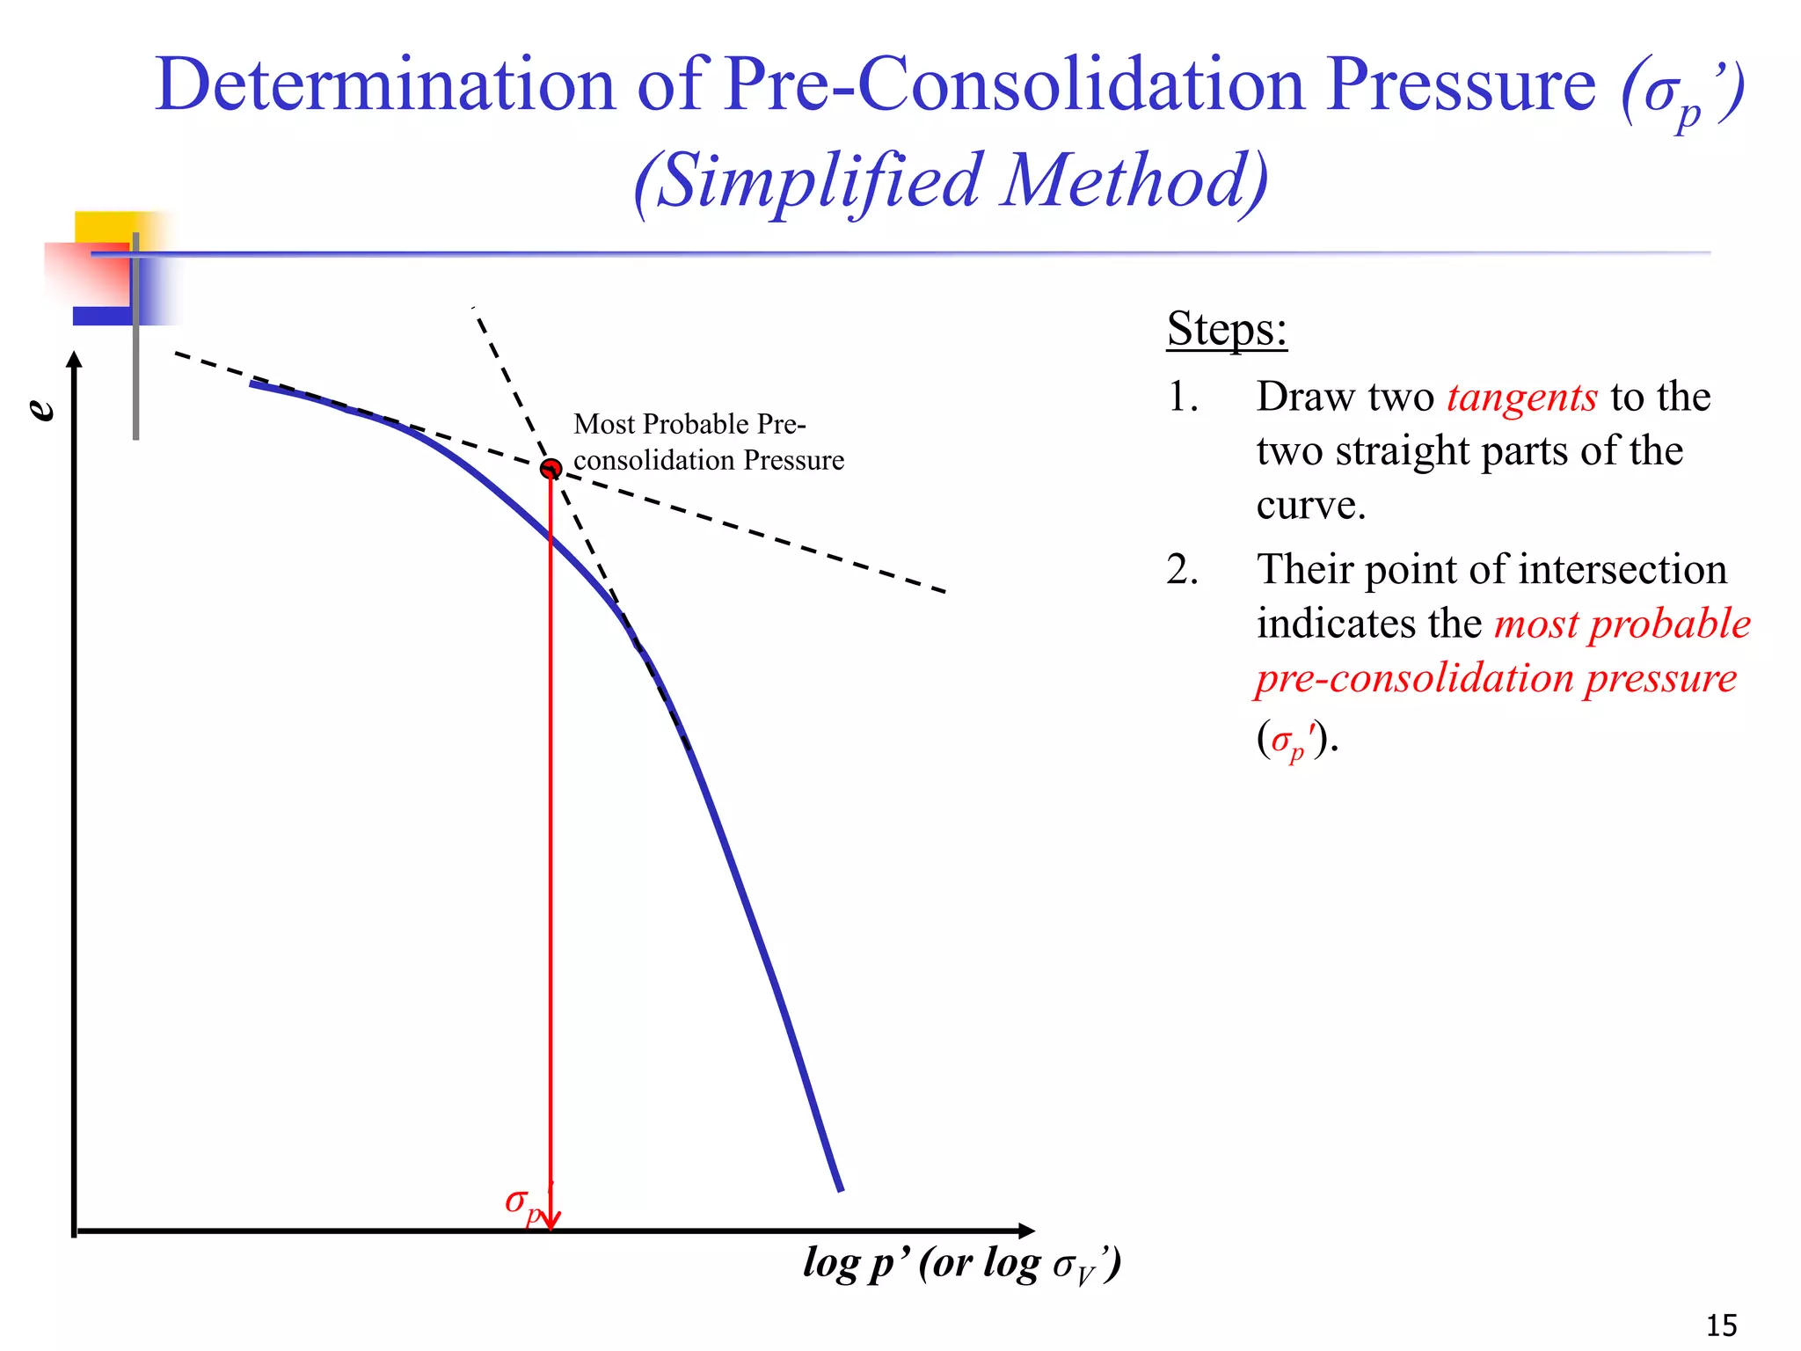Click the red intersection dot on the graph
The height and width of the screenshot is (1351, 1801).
551,468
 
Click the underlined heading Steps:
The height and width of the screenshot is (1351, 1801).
1227,329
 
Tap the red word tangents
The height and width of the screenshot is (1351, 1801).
1521,397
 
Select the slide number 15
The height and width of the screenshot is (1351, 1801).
1721,1324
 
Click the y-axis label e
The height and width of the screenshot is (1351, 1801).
41,409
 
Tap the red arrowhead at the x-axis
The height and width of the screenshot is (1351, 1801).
551,1223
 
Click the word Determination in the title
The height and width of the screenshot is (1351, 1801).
385,84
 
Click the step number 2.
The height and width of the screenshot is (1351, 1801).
1182,570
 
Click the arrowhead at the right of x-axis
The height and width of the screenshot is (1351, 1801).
1026,1231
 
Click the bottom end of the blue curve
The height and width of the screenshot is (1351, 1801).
840,1188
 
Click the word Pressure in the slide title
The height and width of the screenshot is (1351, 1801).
1461,84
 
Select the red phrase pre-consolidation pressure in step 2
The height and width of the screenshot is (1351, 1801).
1496,678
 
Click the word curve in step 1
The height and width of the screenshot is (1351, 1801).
1309,505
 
